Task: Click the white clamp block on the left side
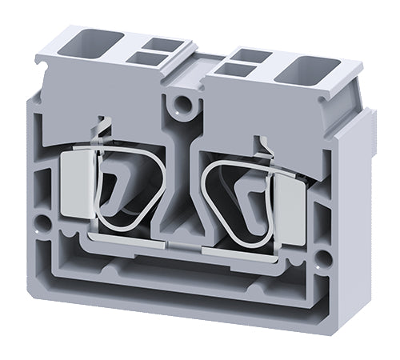tap(78, 183)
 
